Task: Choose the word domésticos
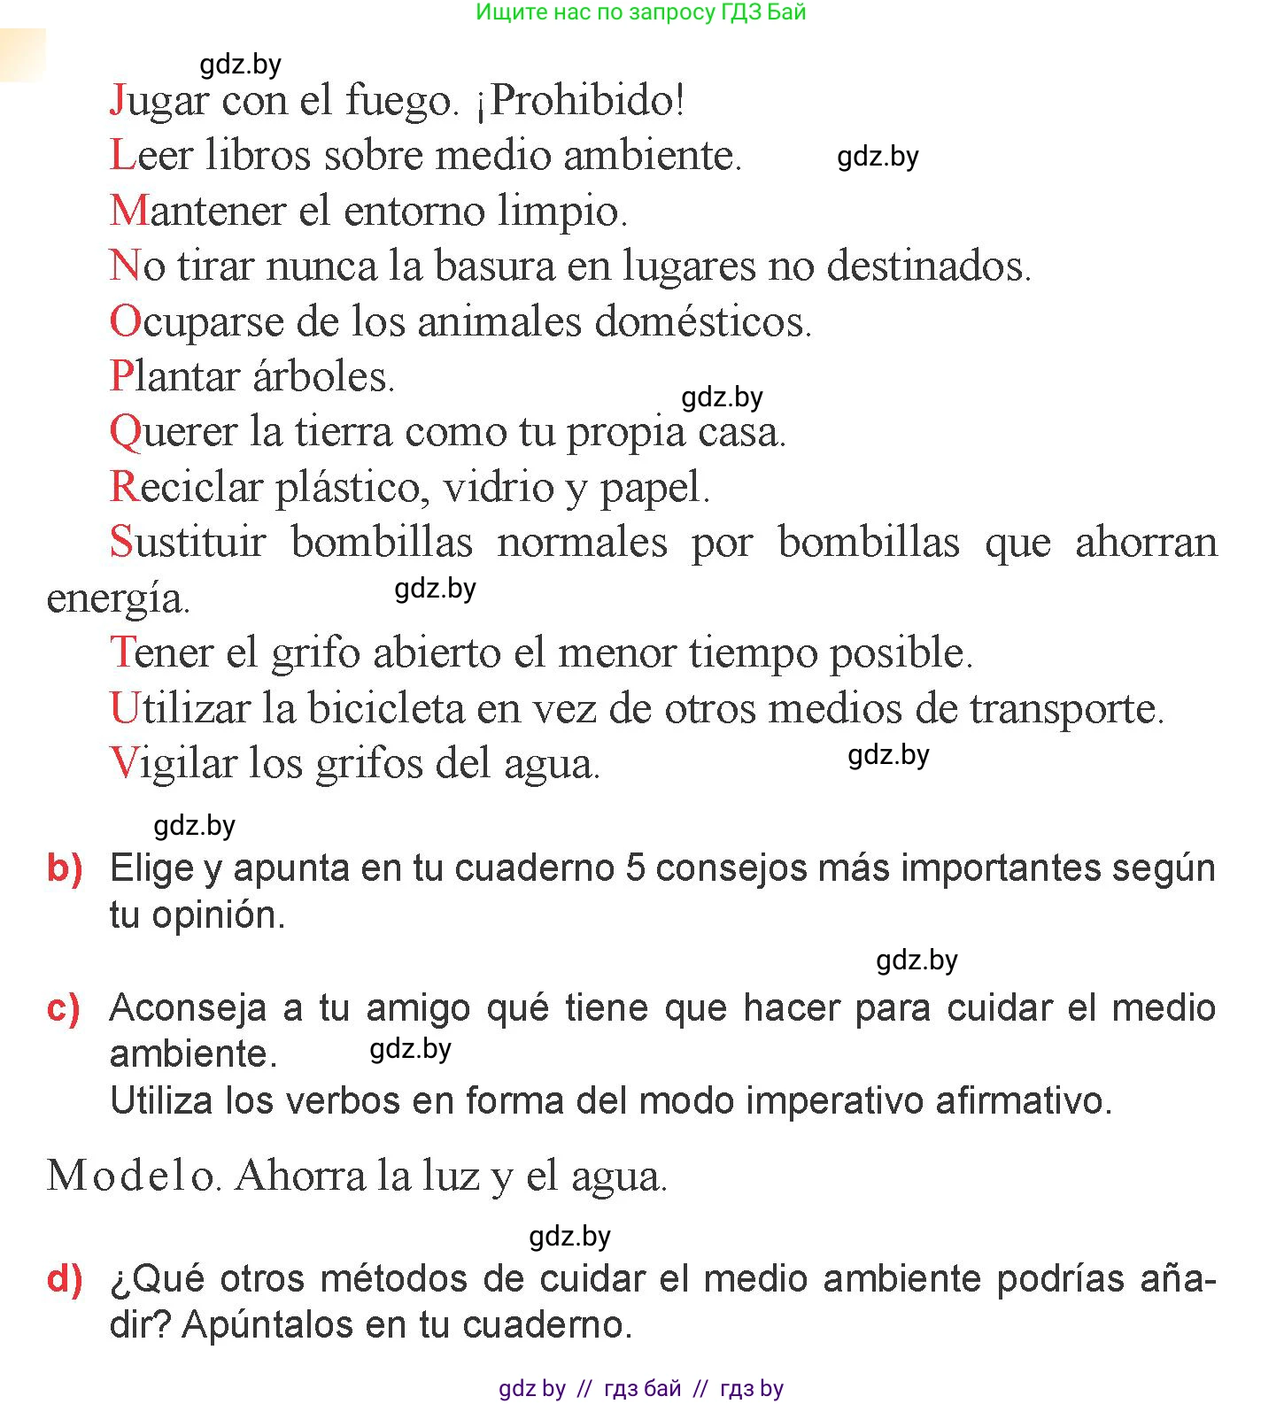coord(703,320)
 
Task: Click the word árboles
coord(323,376)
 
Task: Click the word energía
coord(118,598)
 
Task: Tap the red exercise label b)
coord(65,868)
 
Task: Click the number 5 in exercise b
coord(635,868)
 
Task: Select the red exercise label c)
coord(64,1008)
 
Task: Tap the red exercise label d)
coord(65,1279)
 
